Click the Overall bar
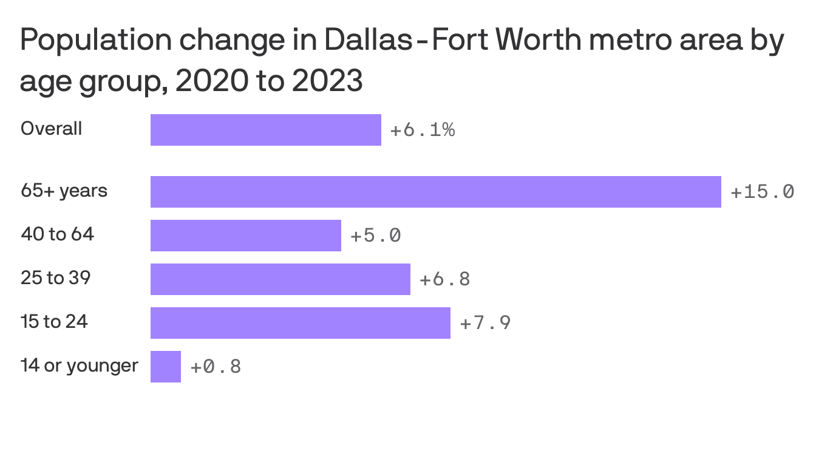click(x=265, y=130)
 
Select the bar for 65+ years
click(x=435, y=192)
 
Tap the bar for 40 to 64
click(x=245, y=236)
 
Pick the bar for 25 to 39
click(x=280, y=279)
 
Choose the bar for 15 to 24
click(x=300, y=323)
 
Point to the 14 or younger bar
click(x=165, y=367)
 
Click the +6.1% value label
click(x=422, y=130)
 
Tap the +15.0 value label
click(x=762, y=192)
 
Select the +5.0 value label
click(x=375, y=236)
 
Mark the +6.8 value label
click(x=444, y=279)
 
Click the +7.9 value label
click(x=484, y=323)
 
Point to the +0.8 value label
click(x=216, y=367)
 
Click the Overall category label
click(x=51, y=129)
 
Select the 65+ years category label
click(x=64, y=191)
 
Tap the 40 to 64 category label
click(x=57, y=234)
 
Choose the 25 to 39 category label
click(x=55, y=277)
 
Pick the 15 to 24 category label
click(x=54, y=321)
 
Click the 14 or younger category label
click(x=79, y=365)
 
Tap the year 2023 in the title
click(x=327, y=81)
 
